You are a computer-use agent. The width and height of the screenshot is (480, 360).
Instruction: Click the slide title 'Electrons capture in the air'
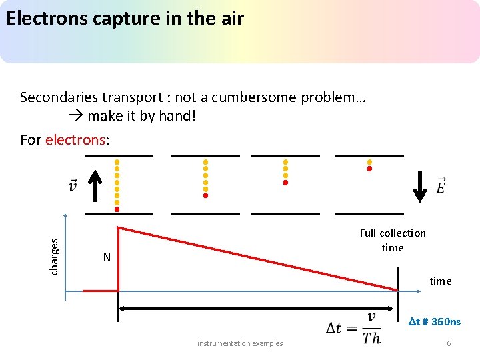[x=125, y=19]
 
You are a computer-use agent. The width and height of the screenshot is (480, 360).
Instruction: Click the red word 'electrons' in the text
[x=75, y=140]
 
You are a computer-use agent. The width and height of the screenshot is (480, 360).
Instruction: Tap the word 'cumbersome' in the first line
[x=256, y=97]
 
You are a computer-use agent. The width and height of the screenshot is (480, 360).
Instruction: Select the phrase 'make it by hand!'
[x=141, y=116]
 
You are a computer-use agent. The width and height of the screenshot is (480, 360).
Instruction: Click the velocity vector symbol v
[x=73, y=185]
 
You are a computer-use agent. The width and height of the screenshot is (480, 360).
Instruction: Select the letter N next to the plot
[x=107, y=257]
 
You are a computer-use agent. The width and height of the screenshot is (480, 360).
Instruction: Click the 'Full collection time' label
[x=393, y=240]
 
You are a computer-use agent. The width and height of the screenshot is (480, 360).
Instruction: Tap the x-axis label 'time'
[x=440, y=281]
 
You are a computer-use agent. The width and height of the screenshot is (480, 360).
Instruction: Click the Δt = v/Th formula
[x=354, y=327]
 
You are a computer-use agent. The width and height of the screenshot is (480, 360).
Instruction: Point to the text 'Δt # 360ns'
[x=433, y=322]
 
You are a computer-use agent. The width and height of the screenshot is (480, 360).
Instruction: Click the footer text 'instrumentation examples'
[x=240, y=343]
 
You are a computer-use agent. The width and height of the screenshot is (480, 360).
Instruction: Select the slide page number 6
[x=449, y=343]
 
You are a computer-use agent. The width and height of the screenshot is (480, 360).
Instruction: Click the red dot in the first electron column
[x=117, y=209]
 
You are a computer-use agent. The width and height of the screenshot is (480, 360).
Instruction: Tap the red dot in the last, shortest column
[x=369, y=169]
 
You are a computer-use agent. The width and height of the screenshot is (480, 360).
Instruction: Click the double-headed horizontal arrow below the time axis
[x=257, y=309]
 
